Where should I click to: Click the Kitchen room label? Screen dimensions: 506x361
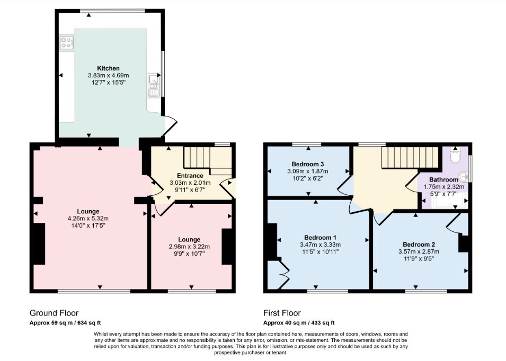tap(109, 68)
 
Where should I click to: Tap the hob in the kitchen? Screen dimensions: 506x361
tap(67, 42)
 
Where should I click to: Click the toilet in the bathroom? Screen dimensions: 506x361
tap(455, 156)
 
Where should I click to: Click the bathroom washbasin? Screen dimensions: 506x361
tap(464, 176)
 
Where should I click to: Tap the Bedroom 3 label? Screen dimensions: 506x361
tap(307, 164)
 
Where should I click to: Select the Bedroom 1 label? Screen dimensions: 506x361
tap(320, 238)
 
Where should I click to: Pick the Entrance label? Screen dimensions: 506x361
tap(190, 176)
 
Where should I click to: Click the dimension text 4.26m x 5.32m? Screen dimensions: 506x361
tap(88, 219)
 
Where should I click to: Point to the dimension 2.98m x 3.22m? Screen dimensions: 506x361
tap(189, 247)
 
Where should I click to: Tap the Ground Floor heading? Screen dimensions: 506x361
tap(54, 313)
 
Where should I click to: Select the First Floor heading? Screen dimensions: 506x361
tap(282, 313)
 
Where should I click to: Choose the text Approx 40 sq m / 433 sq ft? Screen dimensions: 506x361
tap(299, 323)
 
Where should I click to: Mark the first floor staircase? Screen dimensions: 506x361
tap(410, 158)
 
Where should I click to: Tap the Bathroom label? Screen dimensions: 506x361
tap(443, 179)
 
